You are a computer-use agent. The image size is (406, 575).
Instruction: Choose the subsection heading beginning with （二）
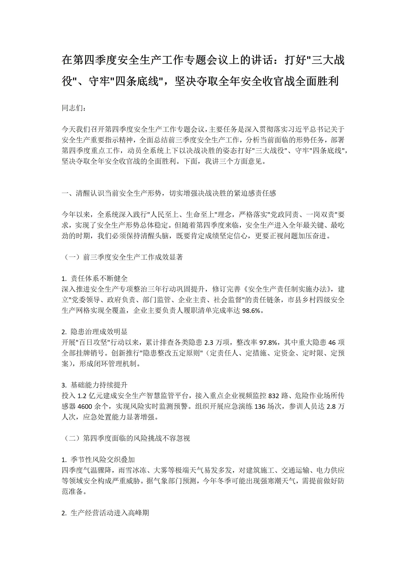pos(126,438)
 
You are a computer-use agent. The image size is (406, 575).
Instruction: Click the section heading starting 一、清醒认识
pos(169,193)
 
